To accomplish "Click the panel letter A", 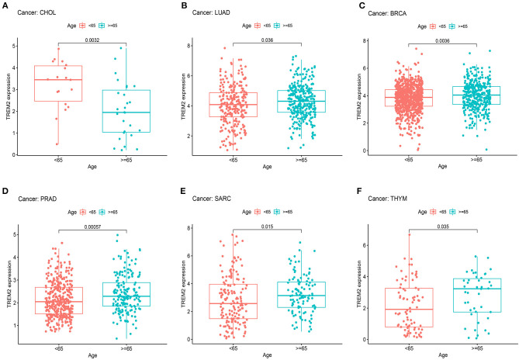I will pos(5,6).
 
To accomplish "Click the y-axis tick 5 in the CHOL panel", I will pos(12,46).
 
